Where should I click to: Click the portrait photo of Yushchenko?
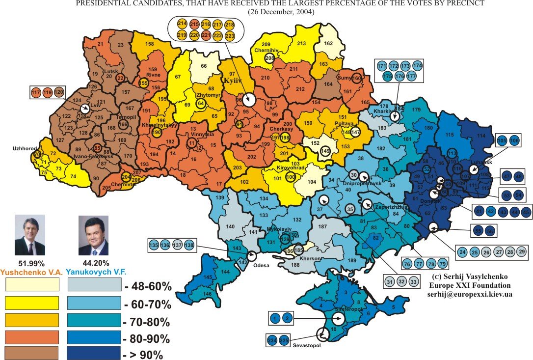pos(30,235)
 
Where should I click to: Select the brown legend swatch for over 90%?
pos(32,353)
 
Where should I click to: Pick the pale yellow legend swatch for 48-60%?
pos(32,285)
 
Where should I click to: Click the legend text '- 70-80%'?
pos(147,322)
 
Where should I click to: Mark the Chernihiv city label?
pos(267,50)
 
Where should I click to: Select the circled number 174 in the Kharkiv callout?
pos(417,65)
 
